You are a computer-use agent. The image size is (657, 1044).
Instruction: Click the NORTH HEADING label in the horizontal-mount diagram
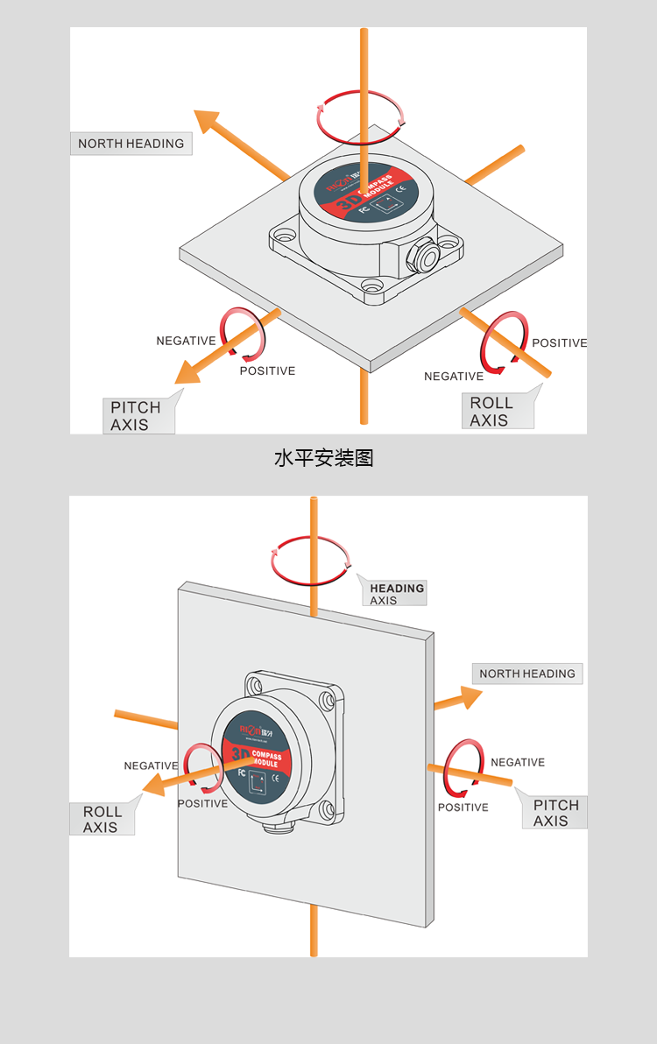coord(131,144)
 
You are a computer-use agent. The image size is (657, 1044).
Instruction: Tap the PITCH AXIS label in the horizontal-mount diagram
coord(137,416)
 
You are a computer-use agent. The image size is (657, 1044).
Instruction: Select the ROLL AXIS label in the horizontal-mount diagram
coord(493,412)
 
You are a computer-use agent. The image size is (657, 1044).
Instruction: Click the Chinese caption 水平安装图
coord(324,457)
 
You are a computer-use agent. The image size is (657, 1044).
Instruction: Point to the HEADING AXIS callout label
coord(396,594)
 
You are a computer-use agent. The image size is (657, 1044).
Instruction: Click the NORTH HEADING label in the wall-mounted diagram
coord(527,674)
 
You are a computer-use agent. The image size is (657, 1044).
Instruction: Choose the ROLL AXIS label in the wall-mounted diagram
coord(102,820)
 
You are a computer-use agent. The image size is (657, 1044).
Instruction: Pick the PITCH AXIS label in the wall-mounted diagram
coord(555,813)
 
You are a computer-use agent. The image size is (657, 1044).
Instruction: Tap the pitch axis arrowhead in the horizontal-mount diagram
coord(186,374)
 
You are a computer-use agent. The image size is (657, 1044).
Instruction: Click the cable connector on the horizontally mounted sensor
coord(427,255)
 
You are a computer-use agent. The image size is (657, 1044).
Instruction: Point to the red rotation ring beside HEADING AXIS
coord(310,561)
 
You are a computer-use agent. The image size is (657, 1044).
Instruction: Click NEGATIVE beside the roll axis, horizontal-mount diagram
coord(454,377)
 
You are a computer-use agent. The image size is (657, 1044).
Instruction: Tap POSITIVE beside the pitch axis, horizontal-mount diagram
coord(267,371)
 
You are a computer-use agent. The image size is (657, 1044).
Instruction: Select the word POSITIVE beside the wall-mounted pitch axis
coord(463,808)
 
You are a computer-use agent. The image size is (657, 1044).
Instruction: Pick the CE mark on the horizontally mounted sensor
coord(401,188)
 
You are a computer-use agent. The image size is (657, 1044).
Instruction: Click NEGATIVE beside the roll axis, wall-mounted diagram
coord(151,765)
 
